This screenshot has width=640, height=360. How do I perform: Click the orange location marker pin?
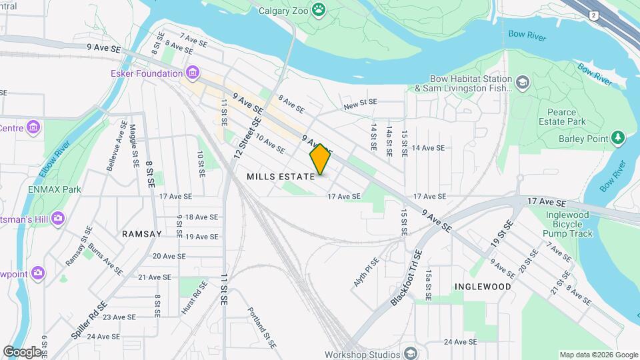(320, 159)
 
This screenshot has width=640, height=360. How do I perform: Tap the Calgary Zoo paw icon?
(321, 9)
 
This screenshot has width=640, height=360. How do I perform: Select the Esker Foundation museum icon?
(193, 73)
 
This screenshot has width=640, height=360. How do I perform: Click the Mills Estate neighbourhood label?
(280, 177)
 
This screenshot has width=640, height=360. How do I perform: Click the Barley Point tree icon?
(619, 138)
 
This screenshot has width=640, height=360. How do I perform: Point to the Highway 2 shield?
(593, 15)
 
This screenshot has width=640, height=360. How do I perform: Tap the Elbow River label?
(53, 158)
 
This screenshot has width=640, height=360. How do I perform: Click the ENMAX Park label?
(55, 189)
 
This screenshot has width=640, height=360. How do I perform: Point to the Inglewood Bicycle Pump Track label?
(568, 225)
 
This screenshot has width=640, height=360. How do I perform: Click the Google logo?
(22, 351)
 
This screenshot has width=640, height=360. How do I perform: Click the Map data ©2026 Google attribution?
(598, 355)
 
